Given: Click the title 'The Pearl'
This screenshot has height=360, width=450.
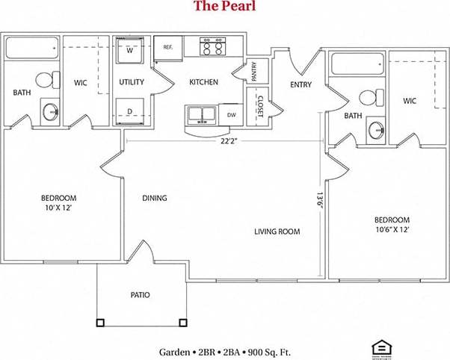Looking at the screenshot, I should pos(224,7).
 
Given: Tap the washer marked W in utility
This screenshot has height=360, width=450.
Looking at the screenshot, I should pos(130,52).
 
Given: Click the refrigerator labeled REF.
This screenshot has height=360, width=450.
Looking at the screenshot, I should pos(168,47).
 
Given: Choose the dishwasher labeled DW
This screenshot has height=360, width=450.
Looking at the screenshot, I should pos(230,115).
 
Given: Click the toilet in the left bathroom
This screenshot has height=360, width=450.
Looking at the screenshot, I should pos(46,79).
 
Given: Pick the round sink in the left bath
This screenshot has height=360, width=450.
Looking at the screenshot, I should pos(51,112).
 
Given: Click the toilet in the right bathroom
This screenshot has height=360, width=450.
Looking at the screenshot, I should pos(369,97).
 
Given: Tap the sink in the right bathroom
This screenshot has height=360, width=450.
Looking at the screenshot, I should pos(375,130).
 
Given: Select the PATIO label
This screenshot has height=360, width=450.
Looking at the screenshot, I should pos(140,295).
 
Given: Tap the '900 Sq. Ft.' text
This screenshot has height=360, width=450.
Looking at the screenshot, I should pos(265,351).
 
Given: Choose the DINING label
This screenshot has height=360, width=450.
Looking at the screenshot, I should pos(155,198).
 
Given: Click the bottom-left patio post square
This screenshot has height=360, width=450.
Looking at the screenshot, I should pos(99,323).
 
